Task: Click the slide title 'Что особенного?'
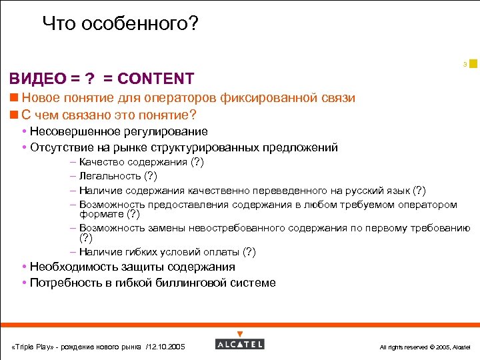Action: pos(120,24)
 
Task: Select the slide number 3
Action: pos(465,65)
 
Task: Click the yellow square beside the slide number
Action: pos(473,63)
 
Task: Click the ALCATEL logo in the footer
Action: pos(240,344)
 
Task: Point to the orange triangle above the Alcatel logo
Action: pos(240,334)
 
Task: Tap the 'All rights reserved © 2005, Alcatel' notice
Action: pos(425,347)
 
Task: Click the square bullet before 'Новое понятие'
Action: pos(14,98)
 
